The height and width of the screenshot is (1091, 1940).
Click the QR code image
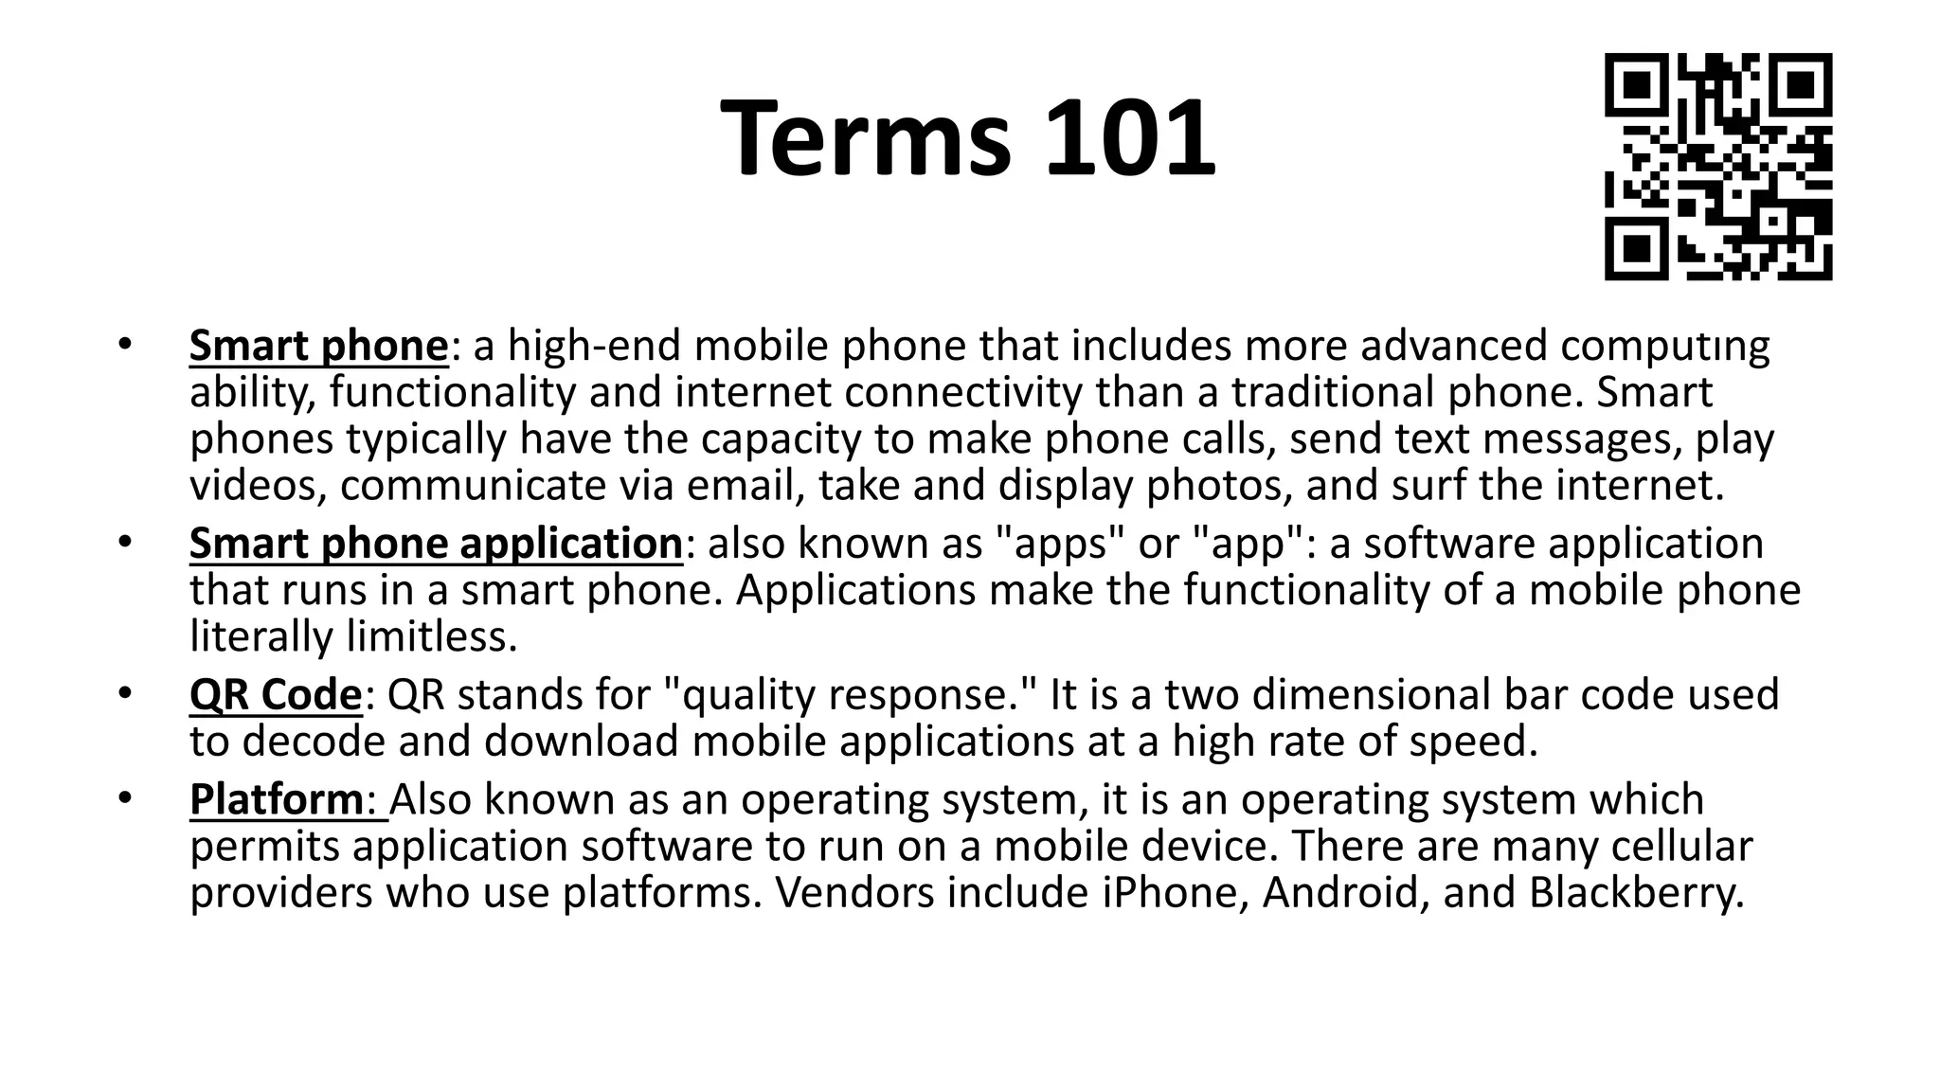tap(1717, 167)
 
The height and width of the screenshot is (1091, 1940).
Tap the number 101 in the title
tap(1130, 137)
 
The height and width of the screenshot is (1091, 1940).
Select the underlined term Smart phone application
tap(436, 544)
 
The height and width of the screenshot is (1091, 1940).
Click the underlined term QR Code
tap(276, 694)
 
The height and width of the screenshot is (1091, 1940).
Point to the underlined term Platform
tap(276, 799)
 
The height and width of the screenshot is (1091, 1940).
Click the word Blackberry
tap(1636, 892)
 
